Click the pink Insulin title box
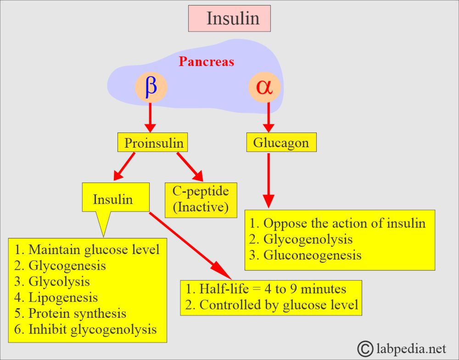[x=229, y=18]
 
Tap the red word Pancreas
[x=206, y=62]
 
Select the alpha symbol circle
[x=264, y=87]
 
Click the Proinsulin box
[x=154, y=143]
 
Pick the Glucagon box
[x=281, y=143]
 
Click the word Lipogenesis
[x=63, y=297]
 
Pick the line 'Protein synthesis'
[x=77, y=313]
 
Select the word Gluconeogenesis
[x=312, y=255]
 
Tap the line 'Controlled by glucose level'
[x=278, y=305]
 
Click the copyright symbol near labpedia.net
[x=366, y=349]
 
